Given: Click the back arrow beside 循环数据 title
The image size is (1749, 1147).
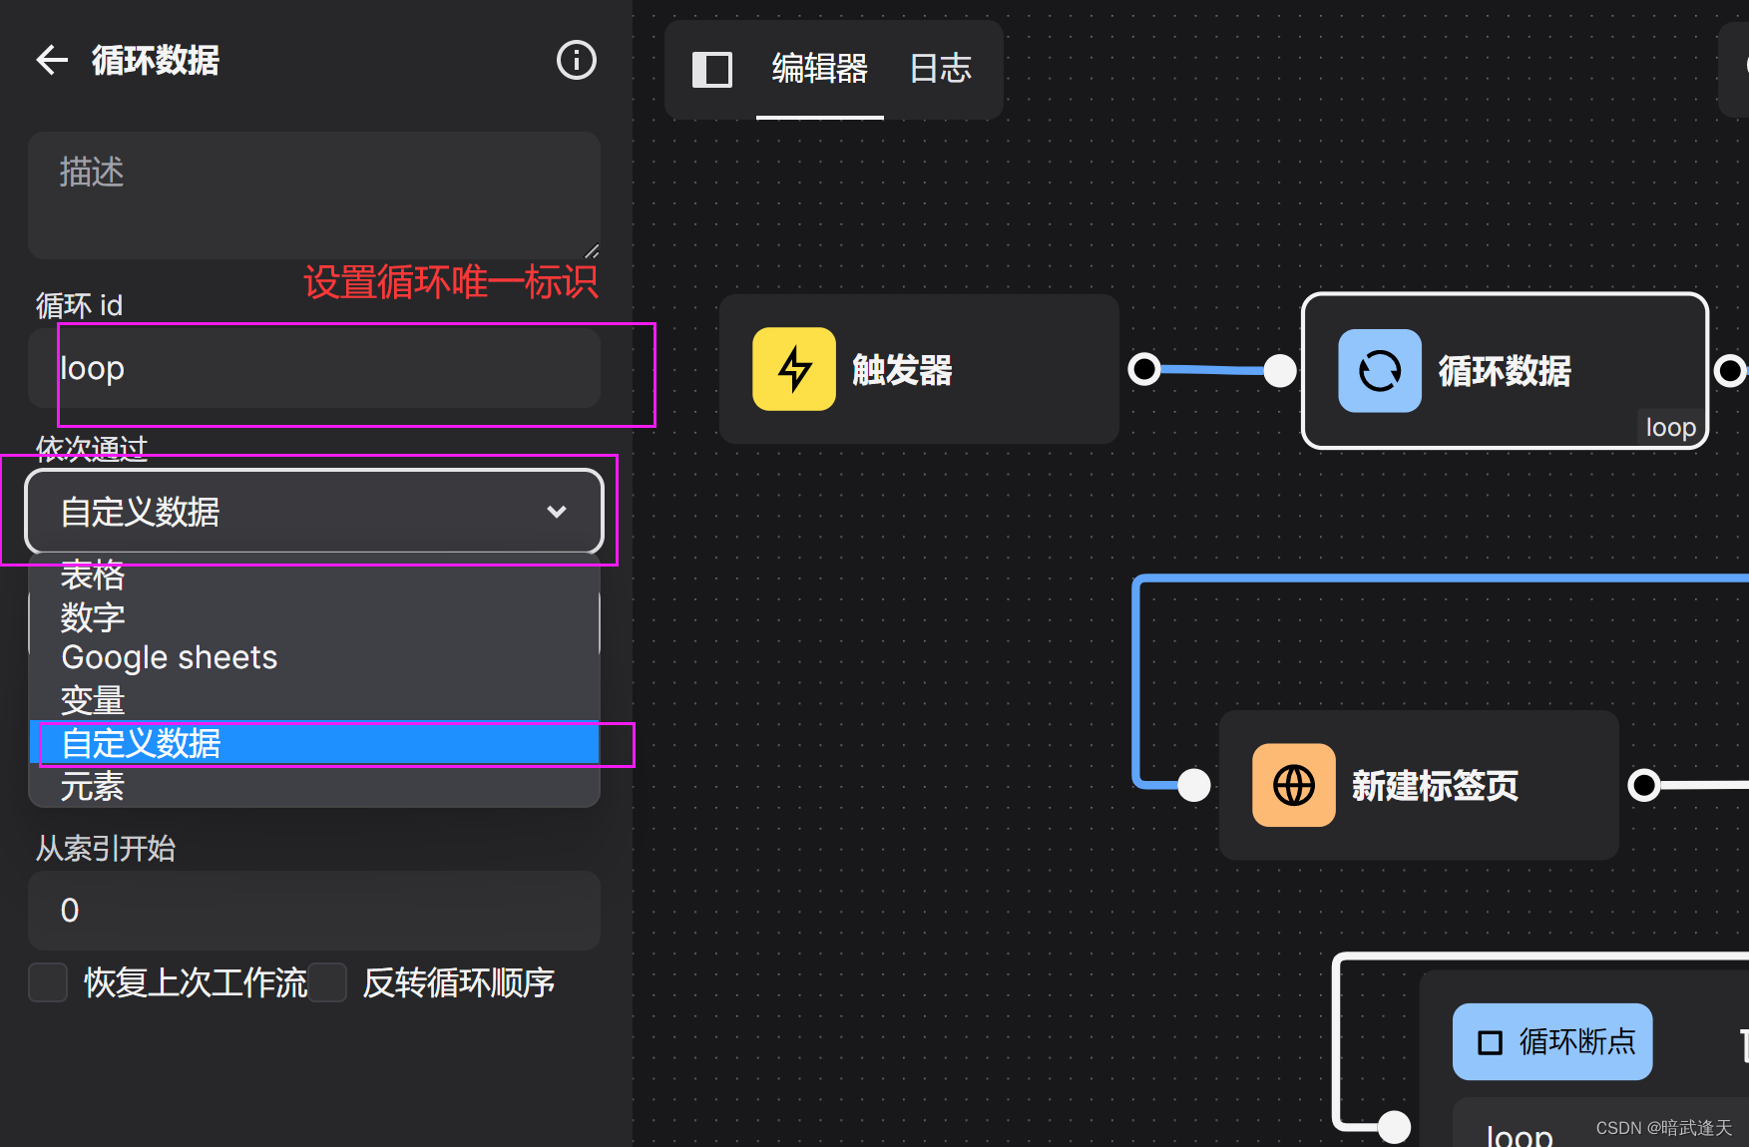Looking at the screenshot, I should point(52,60).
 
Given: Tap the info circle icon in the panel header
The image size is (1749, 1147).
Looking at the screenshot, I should point(576,60).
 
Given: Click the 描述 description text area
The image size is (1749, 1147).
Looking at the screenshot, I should point(313,195).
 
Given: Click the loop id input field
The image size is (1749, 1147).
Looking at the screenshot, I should point(313,368).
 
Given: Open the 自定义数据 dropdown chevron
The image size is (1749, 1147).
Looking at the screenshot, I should point(557,512).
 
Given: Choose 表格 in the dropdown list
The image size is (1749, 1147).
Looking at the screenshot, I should point(93,575).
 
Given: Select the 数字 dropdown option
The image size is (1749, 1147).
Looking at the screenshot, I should point(93,617).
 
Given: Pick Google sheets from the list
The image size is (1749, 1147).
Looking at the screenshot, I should point(170,658).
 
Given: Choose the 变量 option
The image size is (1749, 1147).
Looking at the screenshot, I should point(93,700).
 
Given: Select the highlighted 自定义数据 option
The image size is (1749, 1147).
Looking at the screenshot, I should point(142,743).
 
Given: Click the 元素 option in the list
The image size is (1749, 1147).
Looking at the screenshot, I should point(93,787).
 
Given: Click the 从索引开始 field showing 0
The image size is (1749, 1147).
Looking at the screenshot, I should point(313,910).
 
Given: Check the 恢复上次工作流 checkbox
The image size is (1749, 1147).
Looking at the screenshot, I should point(48,982).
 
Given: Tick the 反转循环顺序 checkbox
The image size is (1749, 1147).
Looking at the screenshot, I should point(327,982).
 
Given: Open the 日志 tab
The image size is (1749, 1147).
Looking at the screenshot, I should point(940,69).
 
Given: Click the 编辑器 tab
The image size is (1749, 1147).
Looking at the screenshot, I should point(819,69).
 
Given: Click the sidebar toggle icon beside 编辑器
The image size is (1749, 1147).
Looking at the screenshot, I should point(712,70).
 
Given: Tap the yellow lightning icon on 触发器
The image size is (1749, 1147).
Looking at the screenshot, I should point(794,369).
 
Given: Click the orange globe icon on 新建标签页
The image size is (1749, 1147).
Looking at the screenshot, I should point(1293,785).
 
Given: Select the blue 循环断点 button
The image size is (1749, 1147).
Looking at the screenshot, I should point(1551,1041).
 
